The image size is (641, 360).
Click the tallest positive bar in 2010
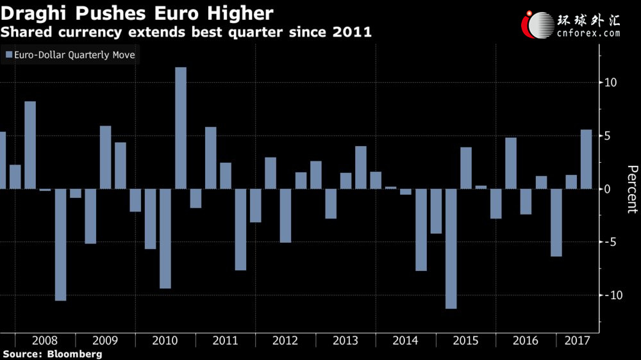click(181, 128)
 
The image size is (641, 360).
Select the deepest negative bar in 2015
click(451, 249)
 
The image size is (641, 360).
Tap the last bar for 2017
click(587, 160)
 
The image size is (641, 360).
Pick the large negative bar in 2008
click(60, 245)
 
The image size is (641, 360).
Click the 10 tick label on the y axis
click(610, 83)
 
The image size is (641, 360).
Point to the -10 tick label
click(613, 295)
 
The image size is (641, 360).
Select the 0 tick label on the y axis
click(607, 189)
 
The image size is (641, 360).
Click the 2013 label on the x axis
click(345, 340)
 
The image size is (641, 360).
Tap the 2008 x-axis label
click(45, 340)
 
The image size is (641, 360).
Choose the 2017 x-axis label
click(578, 340)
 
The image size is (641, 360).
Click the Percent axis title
click(632, 189)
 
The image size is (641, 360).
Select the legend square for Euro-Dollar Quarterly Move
click(9, 54)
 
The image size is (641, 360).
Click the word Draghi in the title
click(34, 14)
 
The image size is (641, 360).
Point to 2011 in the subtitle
click(352, 32)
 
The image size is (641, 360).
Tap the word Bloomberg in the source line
click(75, 354)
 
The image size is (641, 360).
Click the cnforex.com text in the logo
click(588, 33)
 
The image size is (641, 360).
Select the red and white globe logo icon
click(538, 25)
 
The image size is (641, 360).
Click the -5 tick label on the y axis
click(610, 242)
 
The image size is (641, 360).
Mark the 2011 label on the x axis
click(225, 340)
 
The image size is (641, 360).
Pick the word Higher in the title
click(240, 14)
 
